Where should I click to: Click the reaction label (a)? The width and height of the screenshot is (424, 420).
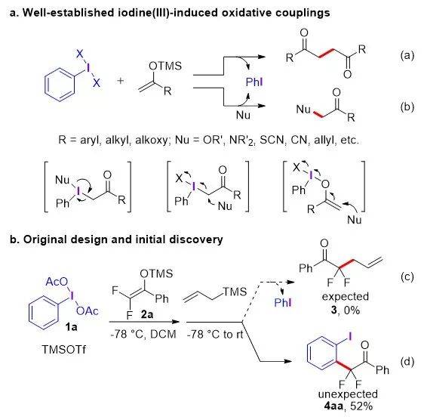pyautogui.click(x=407, y=55)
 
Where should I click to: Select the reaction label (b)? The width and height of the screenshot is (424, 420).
pyautogui.click(x=407, y=107)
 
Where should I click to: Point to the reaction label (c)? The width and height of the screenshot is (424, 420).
pyautogui.click(x=407, y=276)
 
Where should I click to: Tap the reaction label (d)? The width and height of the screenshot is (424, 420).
pyautogui.click(x=407, y=362)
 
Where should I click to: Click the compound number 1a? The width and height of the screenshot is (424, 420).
pyautogui.click(x=71, y=327)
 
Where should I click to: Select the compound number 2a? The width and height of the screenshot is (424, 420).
pyautogui.click(x=147, y=314)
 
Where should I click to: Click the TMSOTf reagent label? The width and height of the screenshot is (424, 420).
pyautogui.click(x=64, y=349)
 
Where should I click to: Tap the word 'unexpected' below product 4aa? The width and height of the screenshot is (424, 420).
pyautogui.click(x=348, y=394)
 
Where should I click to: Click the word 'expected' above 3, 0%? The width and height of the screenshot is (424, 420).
pyautogui.click(x=346, y=297)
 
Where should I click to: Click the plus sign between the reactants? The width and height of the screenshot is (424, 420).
pyautogui.click(x=121, y=80)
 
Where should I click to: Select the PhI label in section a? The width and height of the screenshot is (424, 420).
pyautogui.click(x=254, y=82)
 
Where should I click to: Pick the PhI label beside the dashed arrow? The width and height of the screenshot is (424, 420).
pyautogui.click(x=283, y=302)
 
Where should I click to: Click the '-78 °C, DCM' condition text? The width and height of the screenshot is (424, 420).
pyautogui.click(x=143, y=334)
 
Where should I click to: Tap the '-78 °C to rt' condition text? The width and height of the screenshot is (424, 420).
pyautogui.click(x=215, y=334)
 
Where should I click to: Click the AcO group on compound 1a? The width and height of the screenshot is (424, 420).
pyautogui.click(x=57, y=282)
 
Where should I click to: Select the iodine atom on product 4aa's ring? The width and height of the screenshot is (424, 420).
pyautogui.click(x=350, y=336)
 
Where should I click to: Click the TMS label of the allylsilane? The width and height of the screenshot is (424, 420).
pyautogui.click(x=235, y=292)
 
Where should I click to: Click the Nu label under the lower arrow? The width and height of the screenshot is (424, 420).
pyautogui.click(x=243, y=115)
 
